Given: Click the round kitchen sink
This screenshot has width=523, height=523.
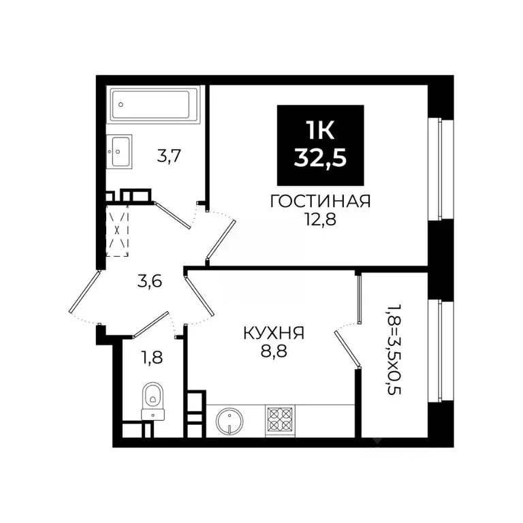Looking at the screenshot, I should pyautogui.click(x=230, y=420).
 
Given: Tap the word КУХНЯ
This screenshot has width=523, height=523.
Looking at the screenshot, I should pyautogui.click(x=273, y=334).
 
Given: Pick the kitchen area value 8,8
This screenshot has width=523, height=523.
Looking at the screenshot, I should pyautogui.click(x=273, y=352).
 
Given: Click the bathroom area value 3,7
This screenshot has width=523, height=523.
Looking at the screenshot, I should pyautogui.click(x=170, y=157).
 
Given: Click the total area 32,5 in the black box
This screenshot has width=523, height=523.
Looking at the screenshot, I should pyautogui.click(x=320, y=159).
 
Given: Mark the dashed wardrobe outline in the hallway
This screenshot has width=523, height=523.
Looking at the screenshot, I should pyautogui.click(x=118, y=230).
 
